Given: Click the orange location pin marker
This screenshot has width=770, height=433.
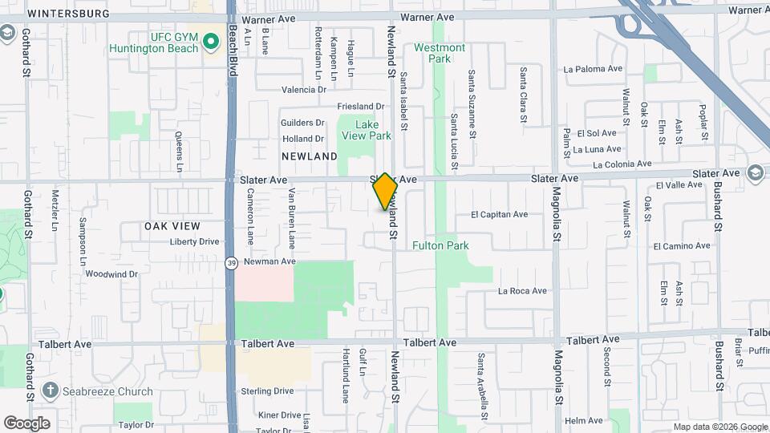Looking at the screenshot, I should (385, 191).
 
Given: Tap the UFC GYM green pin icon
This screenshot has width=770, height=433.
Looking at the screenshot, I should (212, 39).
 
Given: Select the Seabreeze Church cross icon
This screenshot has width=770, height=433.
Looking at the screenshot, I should (51, 391).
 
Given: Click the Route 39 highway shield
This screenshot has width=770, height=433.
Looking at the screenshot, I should (231, 262).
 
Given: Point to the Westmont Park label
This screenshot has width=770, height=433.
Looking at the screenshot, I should (439, 53).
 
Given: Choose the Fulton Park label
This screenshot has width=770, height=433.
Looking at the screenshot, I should (440, 245).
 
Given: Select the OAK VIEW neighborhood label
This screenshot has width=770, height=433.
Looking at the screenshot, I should (172, 226).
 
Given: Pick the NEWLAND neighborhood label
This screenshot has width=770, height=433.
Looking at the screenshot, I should (309, 156).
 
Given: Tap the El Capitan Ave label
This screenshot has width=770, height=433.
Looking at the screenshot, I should (499, 215).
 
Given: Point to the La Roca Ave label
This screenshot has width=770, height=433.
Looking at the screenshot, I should (522, 291).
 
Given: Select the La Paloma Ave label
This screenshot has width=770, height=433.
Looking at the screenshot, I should (594, 69).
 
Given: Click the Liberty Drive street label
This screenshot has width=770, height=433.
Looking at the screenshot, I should (194, 241).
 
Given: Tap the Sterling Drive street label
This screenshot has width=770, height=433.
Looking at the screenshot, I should (267, 391).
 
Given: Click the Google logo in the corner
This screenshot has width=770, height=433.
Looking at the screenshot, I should (26, 423).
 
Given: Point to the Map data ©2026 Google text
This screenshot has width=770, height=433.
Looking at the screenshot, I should (719, 427).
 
